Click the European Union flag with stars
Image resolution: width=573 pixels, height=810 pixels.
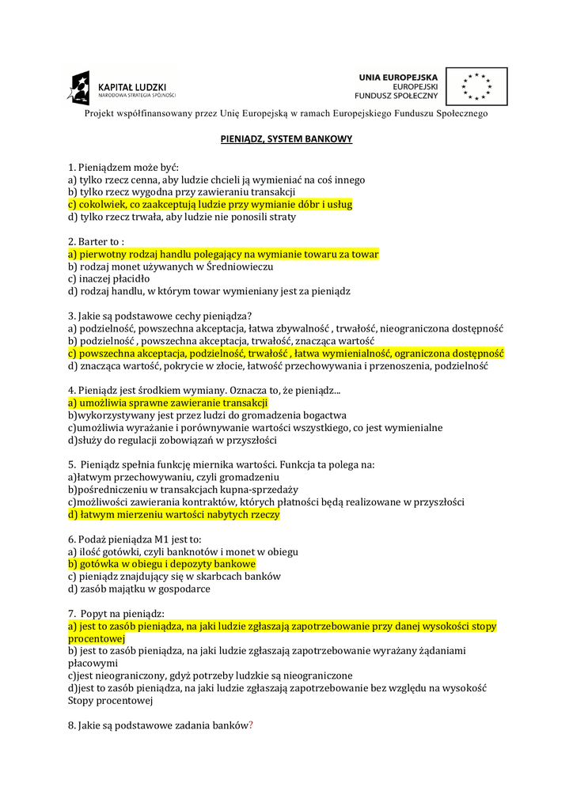pyautogui.click(x=476, y=87)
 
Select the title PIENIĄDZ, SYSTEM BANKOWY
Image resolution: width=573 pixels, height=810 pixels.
pyautogui.click(x=286, y=139)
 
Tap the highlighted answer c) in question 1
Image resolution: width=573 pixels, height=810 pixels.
pyautogui.click(x=210, y=204)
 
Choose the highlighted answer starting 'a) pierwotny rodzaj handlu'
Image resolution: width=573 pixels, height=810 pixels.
pyautogui.click(x=223, y=254)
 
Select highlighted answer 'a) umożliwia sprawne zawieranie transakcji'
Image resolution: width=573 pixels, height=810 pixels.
pyautogui.click(x=168, y=403)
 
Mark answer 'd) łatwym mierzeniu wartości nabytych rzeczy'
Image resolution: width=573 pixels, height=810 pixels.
pyautogui.click(x=173, y=514)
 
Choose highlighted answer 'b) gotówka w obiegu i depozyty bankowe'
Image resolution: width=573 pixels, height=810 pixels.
pyautogui.click(x=161, y=564)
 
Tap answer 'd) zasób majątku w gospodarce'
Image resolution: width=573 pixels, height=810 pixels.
pyautogui.click(x=139, y=589)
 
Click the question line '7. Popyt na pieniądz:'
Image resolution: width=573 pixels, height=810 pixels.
pyautogui.click(x=116, y=613)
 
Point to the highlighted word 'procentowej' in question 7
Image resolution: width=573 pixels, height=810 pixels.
pyautogui.click(x=97, y=638)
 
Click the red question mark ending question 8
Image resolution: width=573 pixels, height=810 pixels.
pyautogui.click(x=251, y=725)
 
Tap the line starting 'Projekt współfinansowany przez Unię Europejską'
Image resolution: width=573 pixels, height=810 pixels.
pyautogui.click(x=286, y=114)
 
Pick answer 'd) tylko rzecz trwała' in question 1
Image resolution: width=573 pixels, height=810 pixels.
pyautogui.click(x=181, y=217)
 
